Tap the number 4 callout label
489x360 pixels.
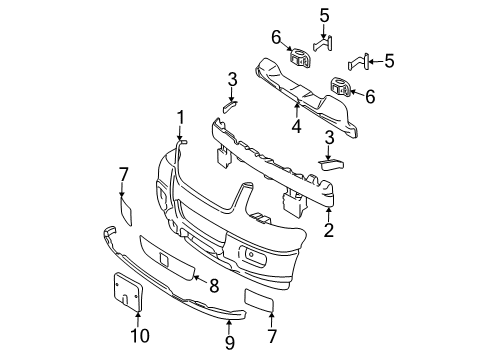tap(297, 126)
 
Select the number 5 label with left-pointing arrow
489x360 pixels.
tap(389, 60)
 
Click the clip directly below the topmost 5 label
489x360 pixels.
tap(323, 42)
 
